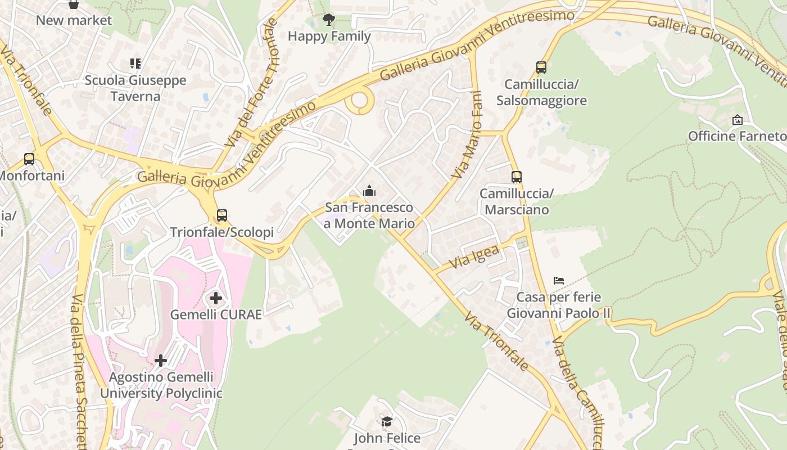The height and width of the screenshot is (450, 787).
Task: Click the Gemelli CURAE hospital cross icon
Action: [x=215, y=298]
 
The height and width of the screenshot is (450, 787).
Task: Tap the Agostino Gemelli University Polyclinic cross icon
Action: [x=161, y=361]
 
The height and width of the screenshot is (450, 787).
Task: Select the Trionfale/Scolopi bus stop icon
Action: [x=222, y=215]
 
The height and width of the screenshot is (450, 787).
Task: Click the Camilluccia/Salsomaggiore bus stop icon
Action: [x=541, y=67]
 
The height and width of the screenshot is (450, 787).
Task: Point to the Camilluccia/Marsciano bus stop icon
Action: [x=517, y=177]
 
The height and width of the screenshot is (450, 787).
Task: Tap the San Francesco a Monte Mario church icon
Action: [x=369, y=191]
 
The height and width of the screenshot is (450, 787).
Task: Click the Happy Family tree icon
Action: [x=329, y=20]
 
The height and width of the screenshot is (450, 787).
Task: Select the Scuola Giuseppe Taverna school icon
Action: [x=135, y=63]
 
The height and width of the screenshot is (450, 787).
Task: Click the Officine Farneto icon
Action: [x=738, y=120]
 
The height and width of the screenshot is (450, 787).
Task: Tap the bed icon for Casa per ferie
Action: [x=558, y=280]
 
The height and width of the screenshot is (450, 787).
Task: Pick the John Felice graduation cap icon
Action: [x=387, y=421]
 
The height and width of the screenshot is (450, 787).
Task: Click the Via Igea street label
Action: [x=474, y=256]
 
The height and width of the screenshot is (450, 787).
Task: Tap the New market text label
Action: [x=74, y=21]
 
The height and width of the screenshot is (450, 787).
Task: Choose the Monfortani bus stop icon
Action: [x=29, y=159]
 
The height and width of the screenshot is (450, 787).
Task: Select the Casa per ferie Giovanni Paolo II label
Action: [x=558, y=305]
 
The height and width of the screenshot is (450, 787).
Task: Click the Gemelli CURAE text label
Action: [x=216, y=314]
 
